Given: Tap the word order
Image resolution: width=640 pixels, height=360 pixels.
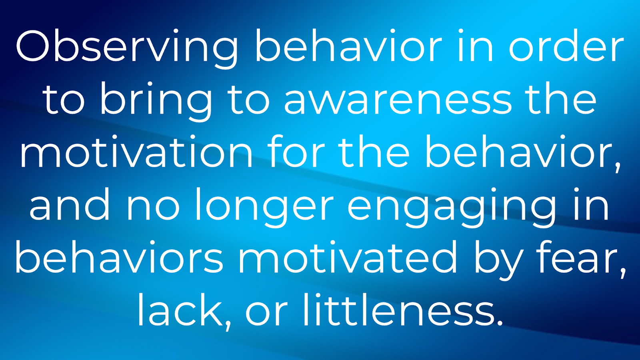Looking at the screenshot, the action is click(x=566, y=46).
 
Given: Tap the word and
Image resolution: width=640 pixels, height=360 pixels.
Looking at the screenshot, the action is click(x=70, y=204).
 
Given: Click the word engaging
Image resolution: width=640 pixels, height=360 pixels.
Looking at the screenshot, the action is click(x=452, y=208).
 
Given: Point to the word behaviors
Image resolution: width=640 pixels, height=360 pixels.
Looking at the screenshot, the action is click(x=119, y=257).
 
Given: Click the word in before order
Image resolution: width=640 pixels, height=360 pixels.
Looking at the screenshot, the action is click(x=476, y=45).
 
